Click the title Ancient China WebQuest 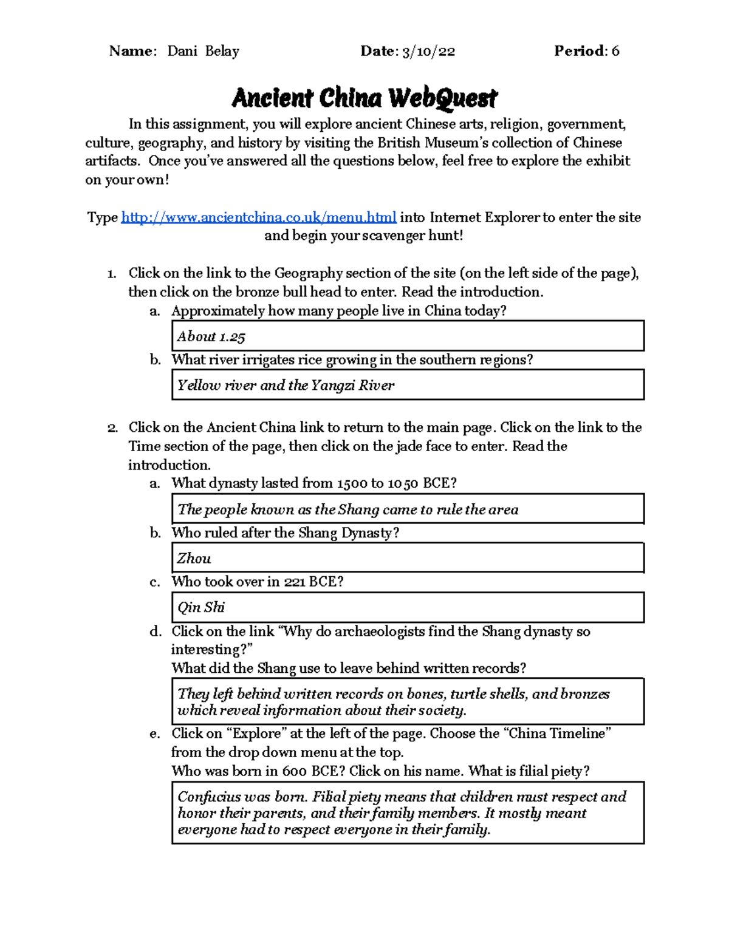pyautogui.click(x=364, y=98)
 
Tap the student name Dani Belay pyautogui.click(x=203, y=52)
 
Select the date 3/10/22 pyautogui.click(x=428, y=52)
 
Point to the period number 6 pyautogui.click(x=615, y=52)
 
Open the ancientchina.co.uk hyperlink pyautogui.click(x=259, y=217)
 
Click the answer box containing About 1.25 pyautogui.click(x=407, y=336)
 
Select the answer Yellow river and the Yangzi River pyautogui.click(x=286, y=386)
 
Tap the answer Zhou pyautogui.click(x=194, y=559)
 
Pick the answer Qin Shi pyautogui.click(x=201, y=607)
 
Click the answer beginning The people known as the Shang pyautogui.click(x=347, y=509)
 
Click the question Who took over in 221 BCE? pyautogui.click(x=258, y=582)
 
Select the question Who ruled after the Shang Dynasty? pyautogui.click(x=286, y=533)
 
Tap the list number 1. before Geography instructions pyautogui.click(x=112, y=274)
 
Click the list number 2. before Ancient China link pyautogui.click(x=112, y=428)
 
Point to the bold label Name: pyautogui.click(x=133, y=52)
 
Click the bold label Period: pyautogui.click(x=580, y=52)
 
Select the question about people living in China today pyautogui.click(x=338, y=311)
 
